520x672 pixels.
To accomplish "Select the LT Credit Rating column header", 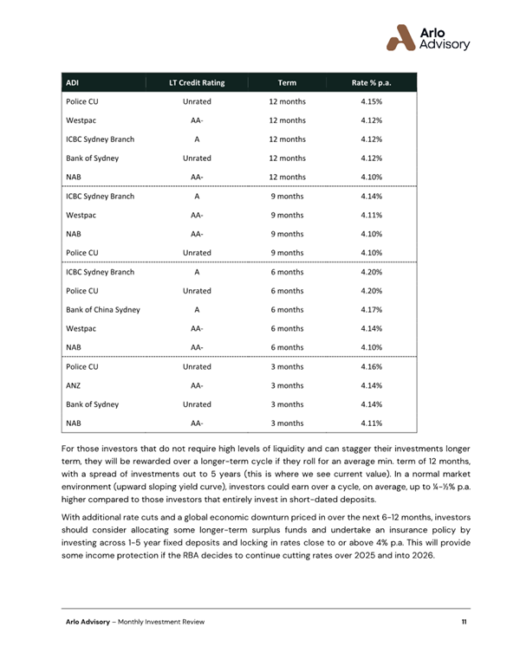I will (197, 83).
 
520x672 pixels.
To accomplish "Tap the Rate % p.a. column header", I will (371, 83).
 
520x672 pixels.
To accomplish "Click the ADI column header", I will (72, 83).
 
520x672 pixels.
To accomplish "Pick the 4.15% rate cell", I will (371, 101).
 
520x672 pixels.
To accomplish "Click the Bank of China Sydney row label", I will (103, 309).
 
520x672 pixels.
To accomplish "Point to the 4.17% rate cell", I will (371, 309).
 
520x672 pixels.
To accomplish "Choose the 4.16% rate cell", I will (371, 367).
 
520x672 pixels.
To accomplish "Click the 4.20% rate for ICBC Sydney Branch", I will (371, 271).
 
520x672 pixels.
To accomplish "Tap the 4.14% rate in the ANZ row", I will (371, 385).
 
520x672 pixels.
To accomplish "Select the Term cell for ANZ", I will (287, 385).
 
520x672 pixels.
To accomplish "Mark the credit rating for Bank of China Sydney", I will (197, 309).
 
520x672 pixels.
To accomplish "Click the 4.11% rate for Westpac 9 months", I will (371, 215).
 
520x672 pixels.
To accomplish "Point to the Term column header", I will (287, 83).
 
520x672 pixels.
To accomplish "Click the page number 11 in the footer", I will (465, 623).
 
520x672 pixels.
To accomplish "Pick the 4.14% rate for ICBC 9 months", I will (371, 197).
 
